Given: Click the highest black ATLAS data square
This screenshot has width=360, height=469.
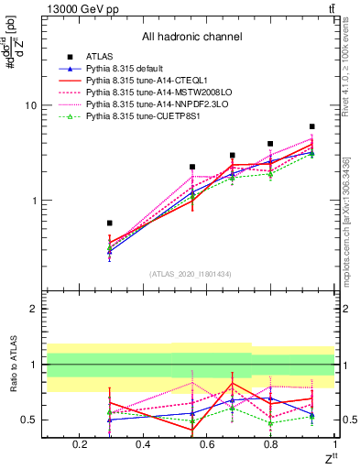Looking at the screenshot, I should [x=311, y=126].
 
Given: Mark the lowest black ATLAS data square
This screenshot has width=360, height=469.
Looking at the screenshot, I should [x=109, y=223].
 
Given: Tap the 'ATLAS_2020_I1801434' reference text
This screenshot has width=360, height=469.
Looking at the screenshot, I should [x=191, y=273].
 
